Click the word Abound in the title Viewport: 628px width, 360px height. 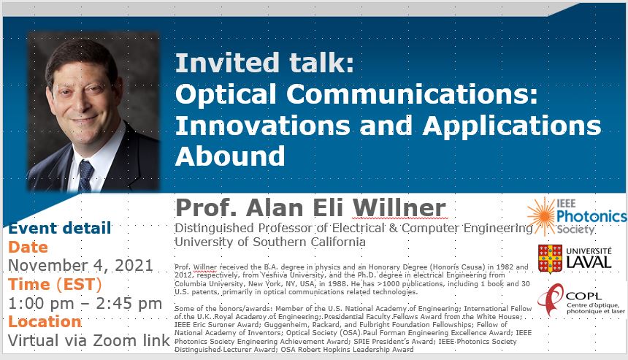coord(230,156)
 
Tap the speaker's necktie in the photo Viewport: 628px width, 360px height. coord(85,176)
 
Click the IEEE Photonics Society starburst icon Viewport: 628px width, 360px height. coord(542,216)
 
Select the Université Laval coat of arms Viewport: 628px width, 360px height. coord(551,258)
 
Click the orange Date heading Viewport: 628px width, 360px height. coord(28,247)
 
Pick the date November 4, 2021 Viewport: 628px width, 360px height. coord(80,266)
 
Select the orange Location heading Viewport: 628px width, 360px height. coord(45,321)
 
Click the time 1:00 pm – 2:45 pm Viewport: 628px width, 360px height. coord(85,303)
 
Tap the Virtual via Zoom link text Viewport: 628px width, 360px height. coord(89,340)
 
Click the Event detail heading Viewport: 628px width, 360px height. coord(59,228)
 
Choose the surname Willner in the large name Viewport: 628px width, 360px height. coord(399,208)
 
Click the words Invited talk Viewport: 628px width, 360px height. coord(265,63)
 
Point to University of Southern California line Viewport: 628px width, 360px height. coord(270,242)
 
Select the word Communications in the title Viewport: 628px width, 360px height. coord(411,94)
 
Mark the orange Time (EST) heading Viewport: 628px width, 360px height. coord(55,284)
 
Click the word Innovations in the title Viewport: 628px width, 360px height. coord(263,125)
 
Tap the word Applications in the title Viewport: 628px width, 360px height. coord(512,126)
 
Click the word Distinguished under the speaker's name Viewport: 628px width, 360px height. coord(215,229)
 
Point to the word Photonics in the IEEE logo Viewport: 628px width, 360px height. coord(591,217)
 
